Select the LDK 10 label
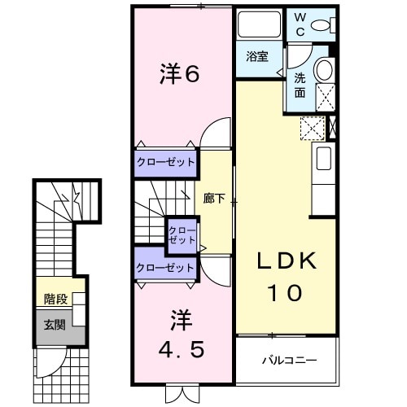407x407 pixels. [287, 278]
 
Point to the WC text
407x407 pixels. [300, 24]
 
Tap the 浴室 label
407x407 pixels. [259, 58]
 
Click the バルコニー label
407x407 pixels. [288, 359]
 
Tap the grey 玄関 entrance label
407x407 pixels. [55, 325]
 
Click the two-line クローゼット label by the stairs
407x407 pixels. [181, 236]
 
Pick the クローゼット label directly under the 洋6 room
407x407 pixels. [166, 162]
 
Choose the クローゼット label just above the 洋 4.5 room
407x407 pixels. [166, 267]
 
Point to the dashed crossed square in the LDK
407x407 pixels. [312, 129]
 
